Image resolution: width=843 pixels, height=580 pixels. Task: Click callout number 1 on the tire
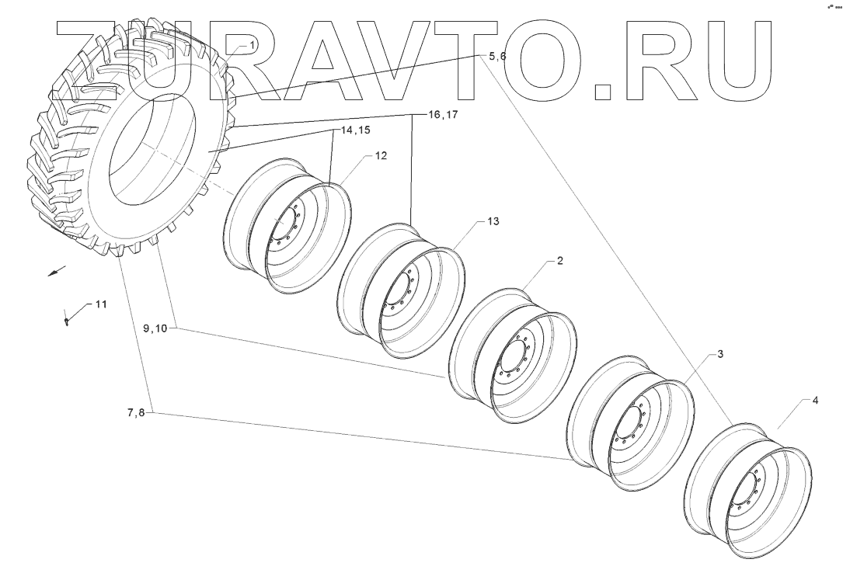pyautogui.click(x=253, y=47)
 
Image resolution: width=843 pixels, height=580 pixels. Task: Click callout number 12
pyautogui.click(x=381, y=156)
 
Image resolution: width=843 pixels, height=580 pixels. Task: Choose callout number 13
pyautogui.click(x=493, y=221)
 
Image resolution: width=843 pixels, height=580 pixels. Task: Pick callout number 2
pyautogui.click(x=559, y=262)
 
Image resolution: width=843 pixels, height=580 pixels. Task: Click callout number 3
pyautogui.click(x=720, y=354)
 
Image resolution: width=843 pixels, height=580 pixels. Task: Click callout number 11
pyautogui.click(x=101, y=304)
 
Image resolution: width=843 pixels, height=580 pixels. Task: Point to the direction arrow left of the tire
pyautogui.click(x=55, y=272)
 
